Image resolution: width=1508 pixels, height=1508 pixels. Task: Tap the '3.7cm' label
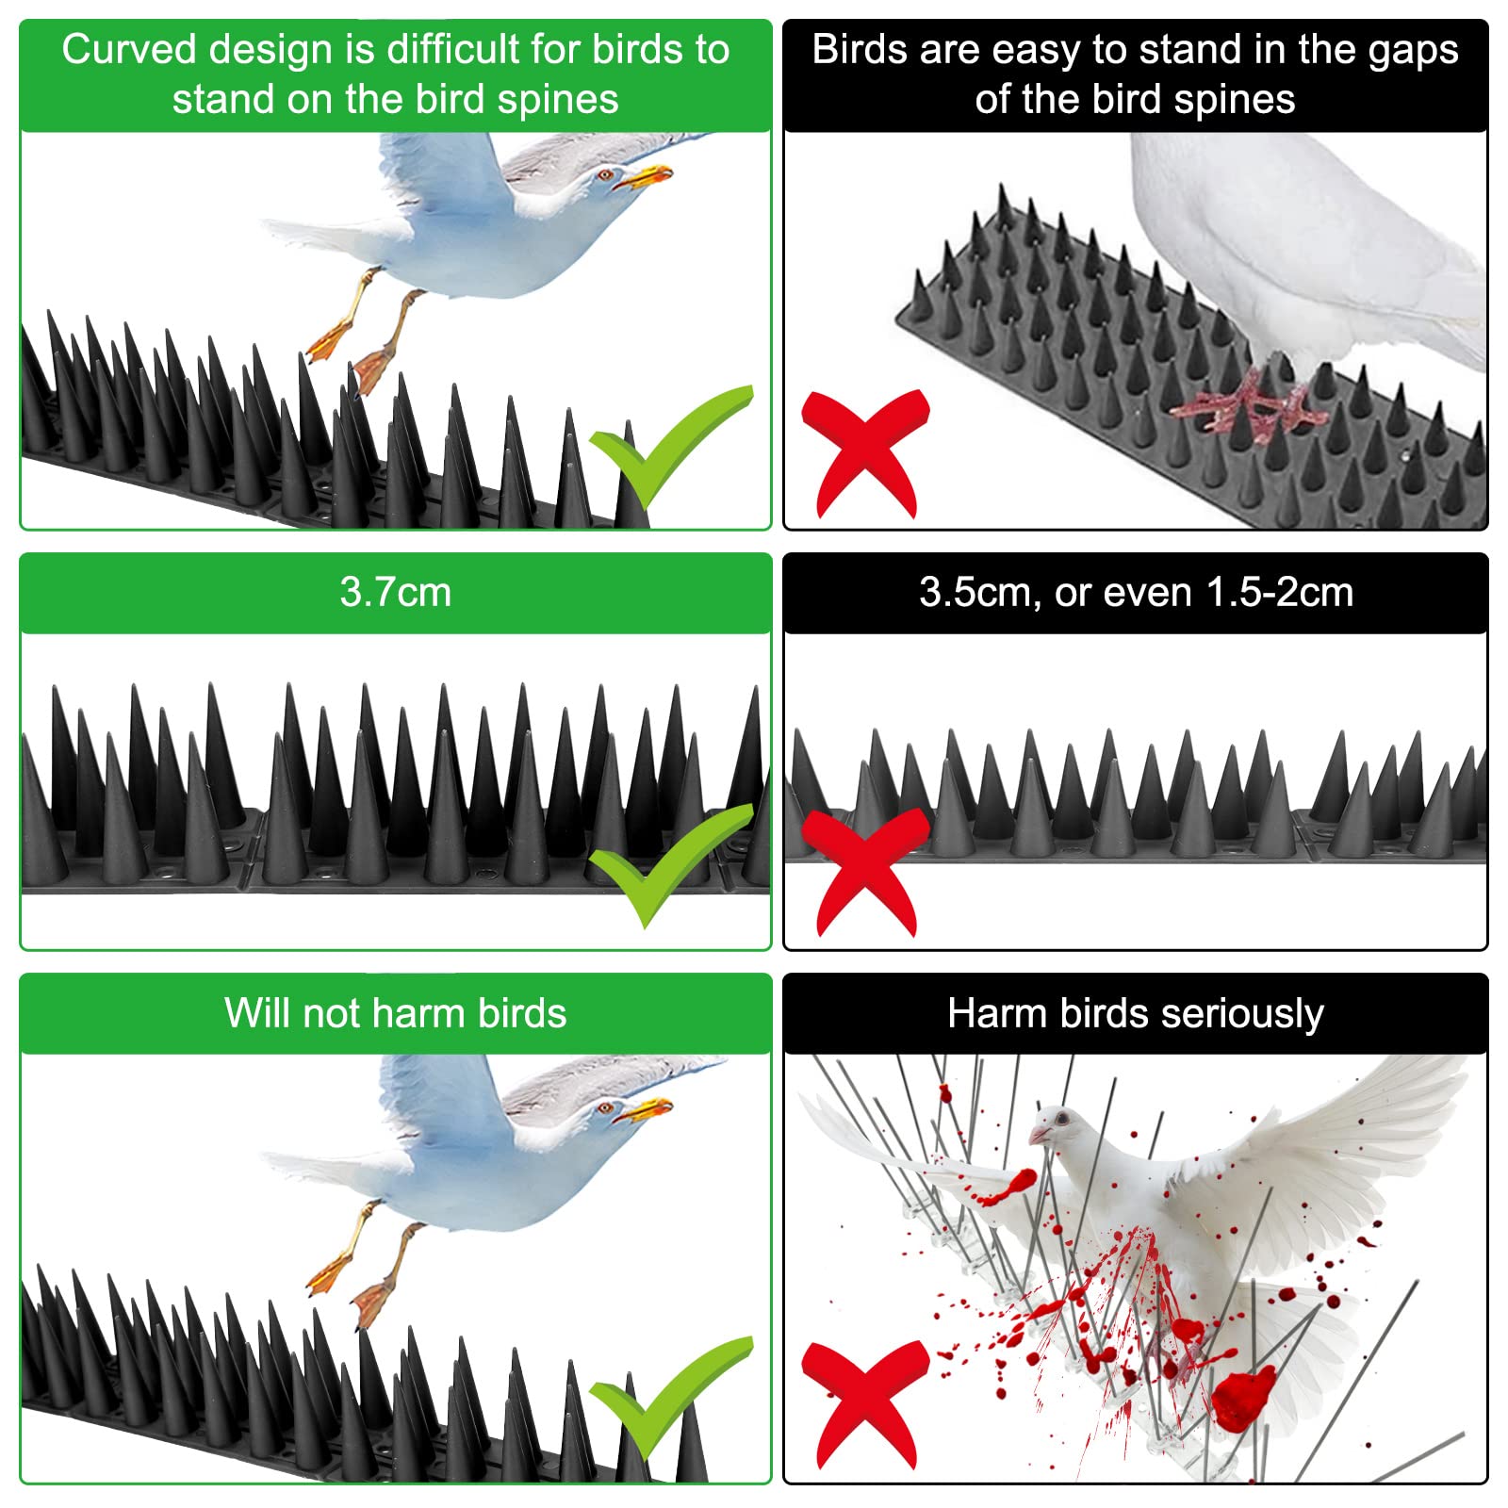[x=396, y=592]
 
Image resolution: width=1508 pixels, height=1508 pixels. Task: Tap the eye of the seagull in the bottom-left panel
[x=605, y=1107]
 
